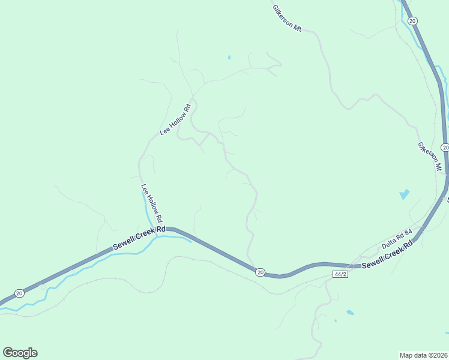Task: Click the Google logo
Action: (x=20, y=353)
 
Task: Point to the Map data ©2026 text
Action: (x=423, y=355)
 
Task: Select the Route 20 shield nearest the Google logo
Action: (x=20, y=293)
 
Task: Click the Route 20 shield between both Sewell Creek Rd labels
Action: (x=259, y=272)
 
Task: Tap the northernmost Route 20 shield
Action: (x=412, y=21)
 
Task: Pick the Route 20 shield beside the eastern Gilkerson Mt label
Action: (x=445, y=148)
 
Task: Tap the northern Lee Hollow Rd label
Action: (x=175, y=119)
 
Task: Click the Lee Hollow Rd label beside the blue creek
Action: (x=152, y=203)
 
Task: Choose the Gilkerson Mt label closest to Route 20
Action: (x=430, y=156)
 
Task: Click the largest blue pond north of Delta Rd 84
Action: (x=404, y=194)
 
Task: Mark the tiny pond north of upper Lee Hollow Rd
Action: (x=229, y=58)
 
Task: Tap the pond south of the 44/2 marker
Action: (x=349, y=313)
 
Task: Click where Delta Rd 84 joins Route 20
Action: (x=421, y=230)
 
